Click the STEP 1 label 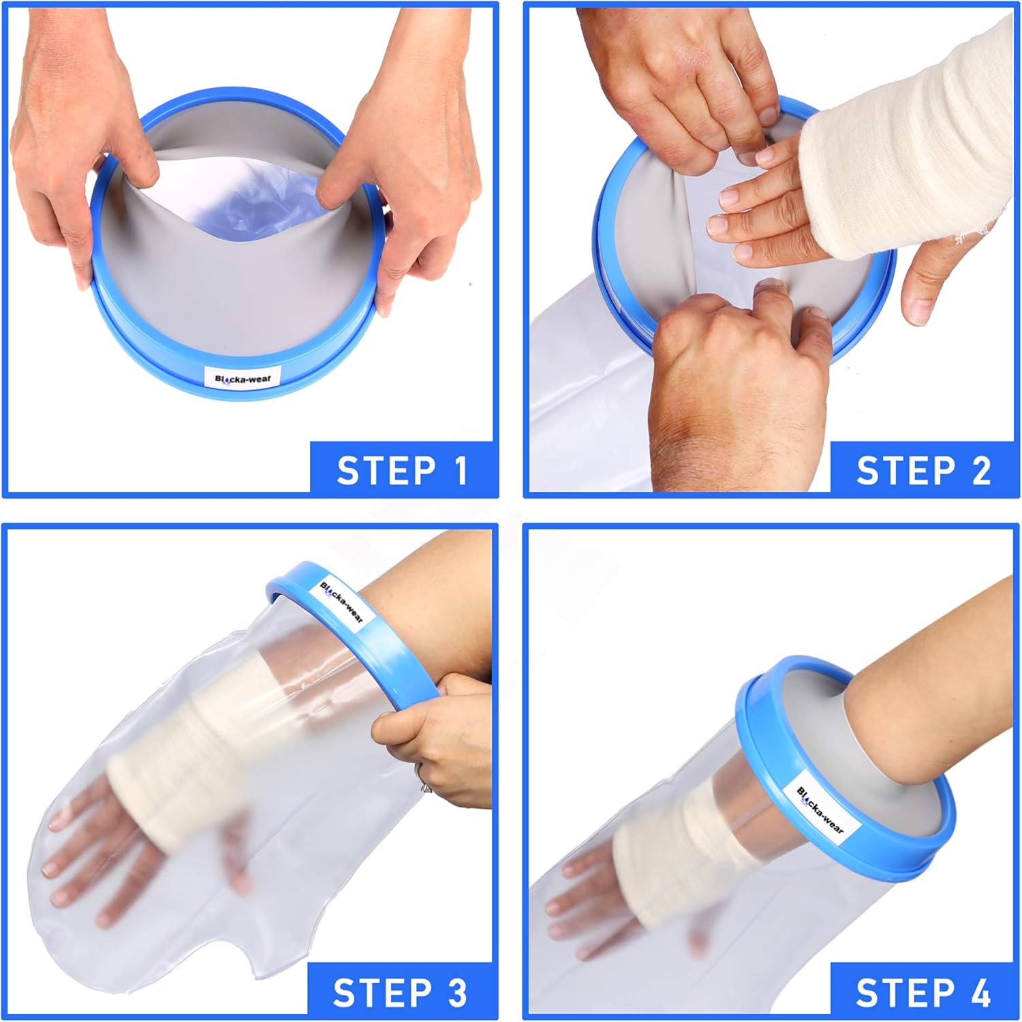click(403, 470)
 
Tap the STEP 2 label click(923, 470)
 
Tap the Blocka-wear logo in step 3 click(342, 603)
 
